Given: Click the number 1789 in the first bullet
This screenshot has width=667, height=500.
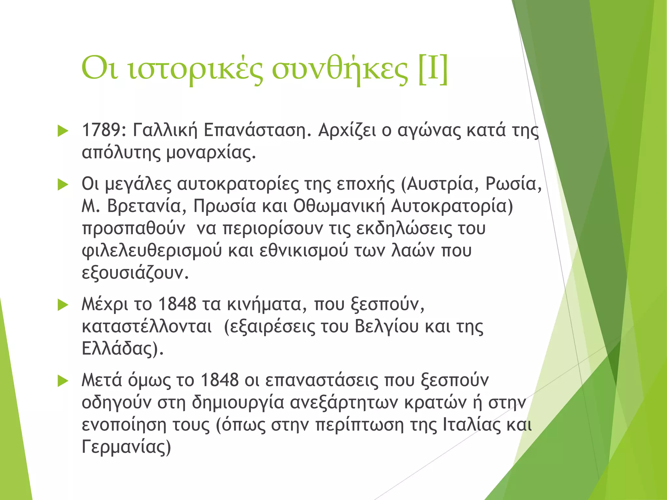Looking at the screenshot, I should pyautogui.click(x=101, y=130).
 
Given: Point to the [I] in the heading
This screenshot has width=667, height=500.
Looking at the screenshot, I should pyautogui.click(x=433, y=69).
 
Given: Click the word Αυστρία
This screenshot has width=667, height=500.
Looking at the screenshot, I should pyautogui.click(x=443, y=184).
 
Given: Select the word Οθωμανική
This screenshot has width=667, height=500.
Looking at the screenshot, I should pyautogui.click(x=339, y=206).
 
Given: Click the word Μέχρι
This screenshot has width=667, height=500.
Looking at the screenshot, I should pyautogui.click(x=105, y=304).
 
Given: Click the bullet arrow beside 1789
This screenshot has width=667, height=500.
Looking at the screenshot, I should pyautogui.click(x=63, y=131).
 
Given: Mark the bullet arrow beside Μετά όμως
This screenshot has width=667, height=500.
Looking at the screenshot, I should pyautogui.click(x=63, y=381).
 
